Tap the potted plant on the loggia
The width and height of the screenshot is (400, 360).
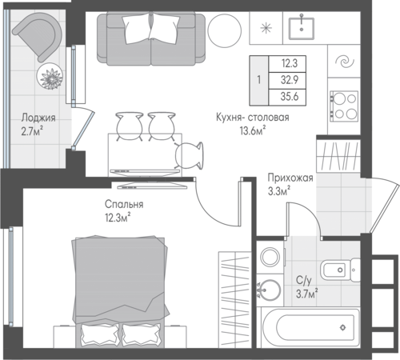point(50,76)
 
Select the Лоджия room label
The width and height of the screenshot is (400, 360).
point(38,118)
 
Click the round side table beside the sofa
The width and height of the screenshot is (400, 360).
point(224,30)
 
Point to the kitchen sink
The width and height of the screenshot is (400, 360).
point(302,28)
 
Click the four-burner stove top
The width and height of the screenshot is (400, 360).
point(344,106)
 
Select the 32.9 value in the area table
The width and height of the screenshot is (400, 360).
point(290,80)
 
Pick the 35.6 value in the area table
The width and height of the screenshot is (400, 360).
point(290,96)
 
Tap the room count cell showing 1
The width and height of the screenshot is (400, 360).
point(258,80)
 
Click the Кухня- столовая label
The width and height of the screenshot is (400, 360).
point(253,118)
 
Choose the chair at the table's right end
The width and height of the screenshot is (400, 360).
point(189,156)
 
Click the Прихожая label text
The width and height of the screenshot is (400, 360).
point(290,178)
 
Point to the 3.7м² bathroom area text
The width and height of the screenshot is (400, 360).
point(306,294)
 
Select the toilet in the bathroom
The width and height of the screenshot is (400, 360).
point(340,270)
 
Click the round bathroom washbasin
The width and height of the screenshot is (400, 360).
point(270,290)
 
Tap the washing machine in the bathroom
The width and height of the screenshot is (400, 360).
point(270,257)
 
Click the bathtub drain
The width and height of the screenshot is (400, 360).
point(343,327)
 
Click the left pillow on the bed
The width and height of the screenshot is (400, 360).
point(100,334)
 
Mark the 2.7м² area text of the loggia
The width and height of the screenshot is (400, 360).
point(32,131)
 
